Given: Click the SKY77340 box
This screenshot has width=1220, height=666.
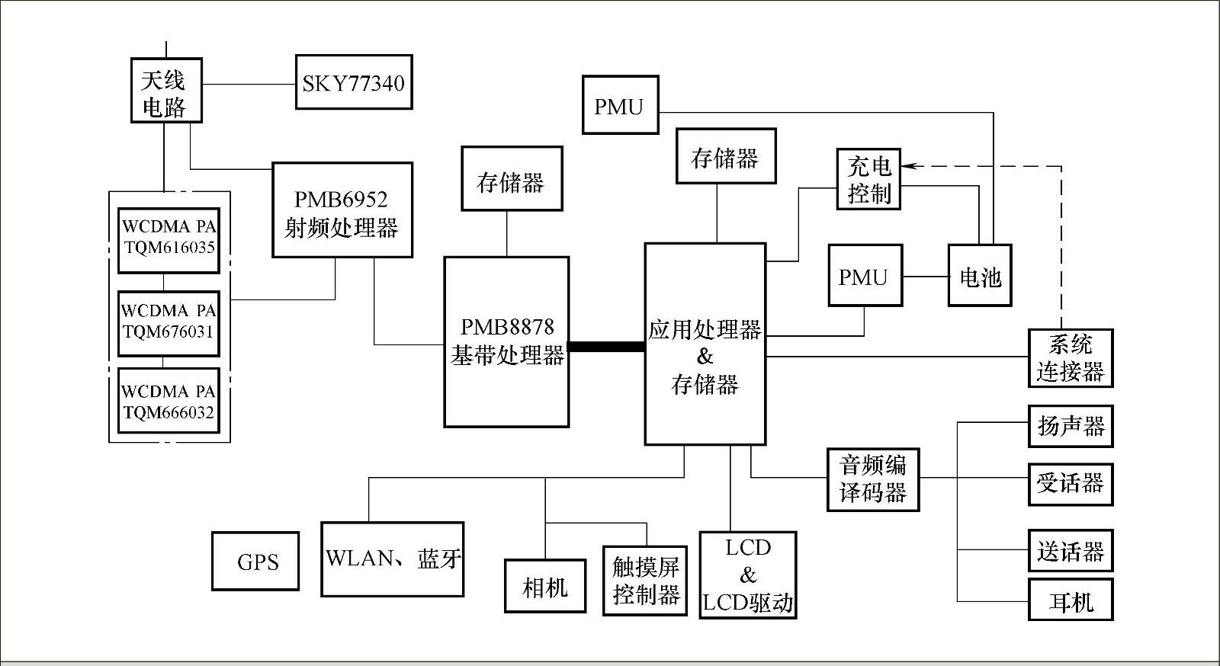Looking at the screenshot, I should pos(354,82).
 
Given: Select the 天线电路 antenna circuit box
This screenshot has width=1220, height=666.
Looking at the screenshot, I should pos(165,91).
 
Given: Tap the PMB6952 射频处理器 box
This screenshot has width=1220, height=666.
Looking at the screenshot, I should pos(342,210).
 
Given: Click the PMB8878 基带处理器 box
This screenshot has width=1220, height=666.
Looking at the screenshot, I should pos(506,341).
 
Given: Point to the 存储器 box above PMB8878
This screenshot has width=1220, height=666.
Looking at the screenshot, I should pos(511,179).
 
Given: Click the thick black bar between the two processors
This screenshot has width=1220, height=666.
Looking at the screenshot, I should pos(606,347).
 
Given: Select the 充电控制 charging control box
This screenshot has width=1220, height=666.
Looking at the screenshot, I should pos(868,179).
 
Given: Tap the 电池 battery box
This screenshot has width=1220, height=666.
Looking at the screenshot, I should pos(980,276).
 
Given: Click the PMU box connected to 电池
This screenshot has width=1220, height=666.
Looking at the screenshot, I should pos(865,276).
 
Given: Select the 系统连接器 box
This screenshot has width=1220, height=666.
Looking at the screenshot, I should pos(1070,358).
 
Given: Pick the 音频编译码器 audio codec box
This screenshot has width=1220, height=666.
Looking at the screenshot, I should pos(873,479).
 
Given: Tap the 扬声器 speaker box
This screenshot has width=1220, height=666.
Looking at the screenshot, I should pos(1070,426).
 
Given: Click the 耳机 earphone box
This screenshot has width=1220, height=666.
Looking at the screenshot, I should pos(1070,600).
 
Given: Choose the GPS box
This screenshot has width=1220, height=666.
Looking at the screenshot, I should pos(255,562).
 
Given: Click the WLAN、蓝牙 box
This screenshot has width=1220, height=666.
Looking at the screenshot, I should pos(392,559).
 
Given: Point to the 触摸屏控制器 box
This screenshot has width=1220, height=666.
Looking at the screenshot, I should pos(645,580).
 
